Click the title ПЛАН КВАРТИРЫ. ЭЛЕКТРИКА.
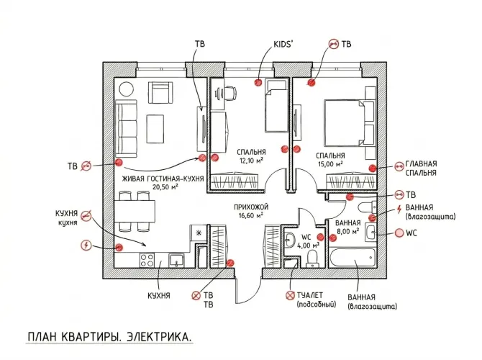110,337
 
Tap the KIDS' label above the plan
283,45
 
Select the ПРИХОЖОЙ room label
251,207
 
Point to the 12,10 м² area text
252,161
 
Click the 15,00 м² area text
330,163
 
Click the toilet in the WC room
313,258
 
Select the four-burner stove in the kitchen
147,260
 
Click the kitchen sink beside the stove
176,261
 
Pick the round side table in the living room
127,89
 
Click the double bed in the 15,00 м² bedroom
350,123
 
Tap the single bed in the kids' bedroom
277,106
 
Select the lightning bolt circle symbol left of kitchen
86,246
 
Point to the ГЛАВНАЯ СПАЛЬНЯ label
421,168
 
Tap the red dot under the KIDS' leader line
258,82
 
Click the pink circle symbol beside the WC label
399,233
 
